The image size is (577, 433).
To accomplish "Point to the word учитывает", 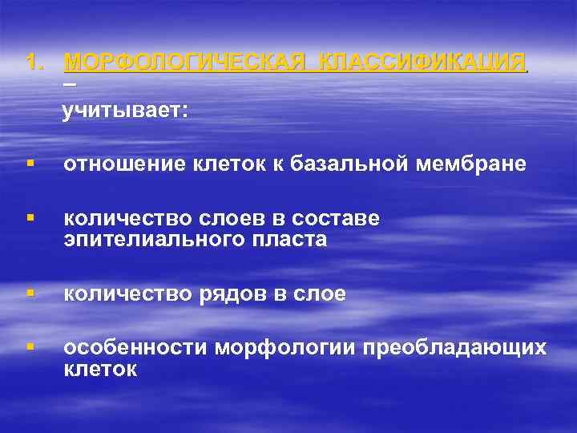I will coord(126,111).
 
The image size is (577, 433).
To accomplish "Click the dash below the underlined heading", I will coord(70,84).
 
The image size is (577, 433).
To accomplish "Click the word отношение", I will coord(124,164).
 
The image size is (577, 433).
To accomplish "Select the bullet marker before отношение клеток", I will coord(30,164).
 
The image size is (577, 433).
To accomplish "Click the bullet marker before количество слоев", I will coord(30,218).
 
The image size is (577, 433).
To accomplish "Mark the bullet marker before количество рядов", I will coord(30,294).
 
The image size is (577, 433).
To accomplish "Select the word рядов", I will coord(229,295).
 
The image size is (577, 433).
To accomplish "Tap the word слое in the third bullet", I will coord(318,295).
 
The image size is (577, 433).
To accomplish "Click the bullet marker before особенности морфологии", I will coord(30,347).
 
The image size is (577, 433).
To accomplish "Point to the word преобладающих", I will coord(455,348).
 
